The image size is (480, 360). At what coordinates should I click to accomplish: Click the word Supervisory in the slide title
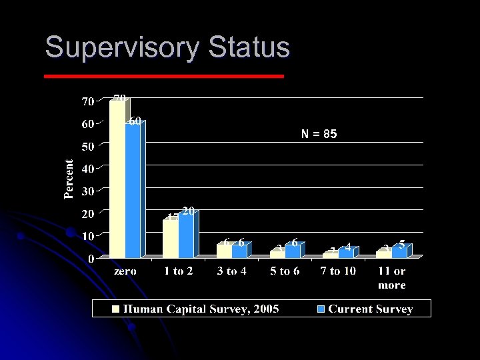(123, 49)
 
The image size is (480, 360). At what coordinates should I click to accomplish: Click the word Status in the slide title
(249, 47)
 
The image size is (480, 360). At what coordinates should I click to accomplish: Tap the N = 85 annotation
(319, 134)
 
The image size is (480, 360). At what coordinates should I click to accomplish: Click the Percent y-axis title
(69, 179)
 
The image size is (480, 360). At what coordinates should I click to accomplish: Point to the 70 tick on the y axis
(87, 102)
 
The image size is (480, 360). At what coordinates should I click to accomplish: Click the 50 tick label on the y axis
(87, 147)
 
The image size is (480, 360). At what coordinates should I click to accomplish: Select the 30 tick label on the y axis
(87, 191)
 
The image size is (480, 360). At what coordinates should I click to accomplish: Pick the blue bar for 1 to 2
(186, 236)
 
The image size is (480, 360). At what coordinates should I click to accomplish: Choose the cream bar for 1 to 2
(170, 239)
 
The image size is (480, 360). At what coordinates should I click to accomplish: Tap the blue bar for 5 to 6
(292, 251)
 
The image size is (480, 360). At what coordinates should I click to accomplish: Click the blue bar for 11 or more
(399, 252)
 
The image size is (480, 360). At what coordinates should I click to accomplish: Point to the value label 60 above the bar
(135, 121)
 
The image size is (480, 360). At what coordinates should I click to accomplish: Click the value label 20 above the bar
(188, 211)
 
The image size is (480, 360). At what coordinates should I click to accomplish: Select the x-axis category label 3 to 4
(232, 271)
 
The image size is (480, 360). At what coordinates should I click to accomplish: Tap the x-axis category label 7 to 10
(338, 271)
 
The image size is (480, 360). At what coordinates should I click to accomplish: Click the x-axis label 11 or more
(391, 278)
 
